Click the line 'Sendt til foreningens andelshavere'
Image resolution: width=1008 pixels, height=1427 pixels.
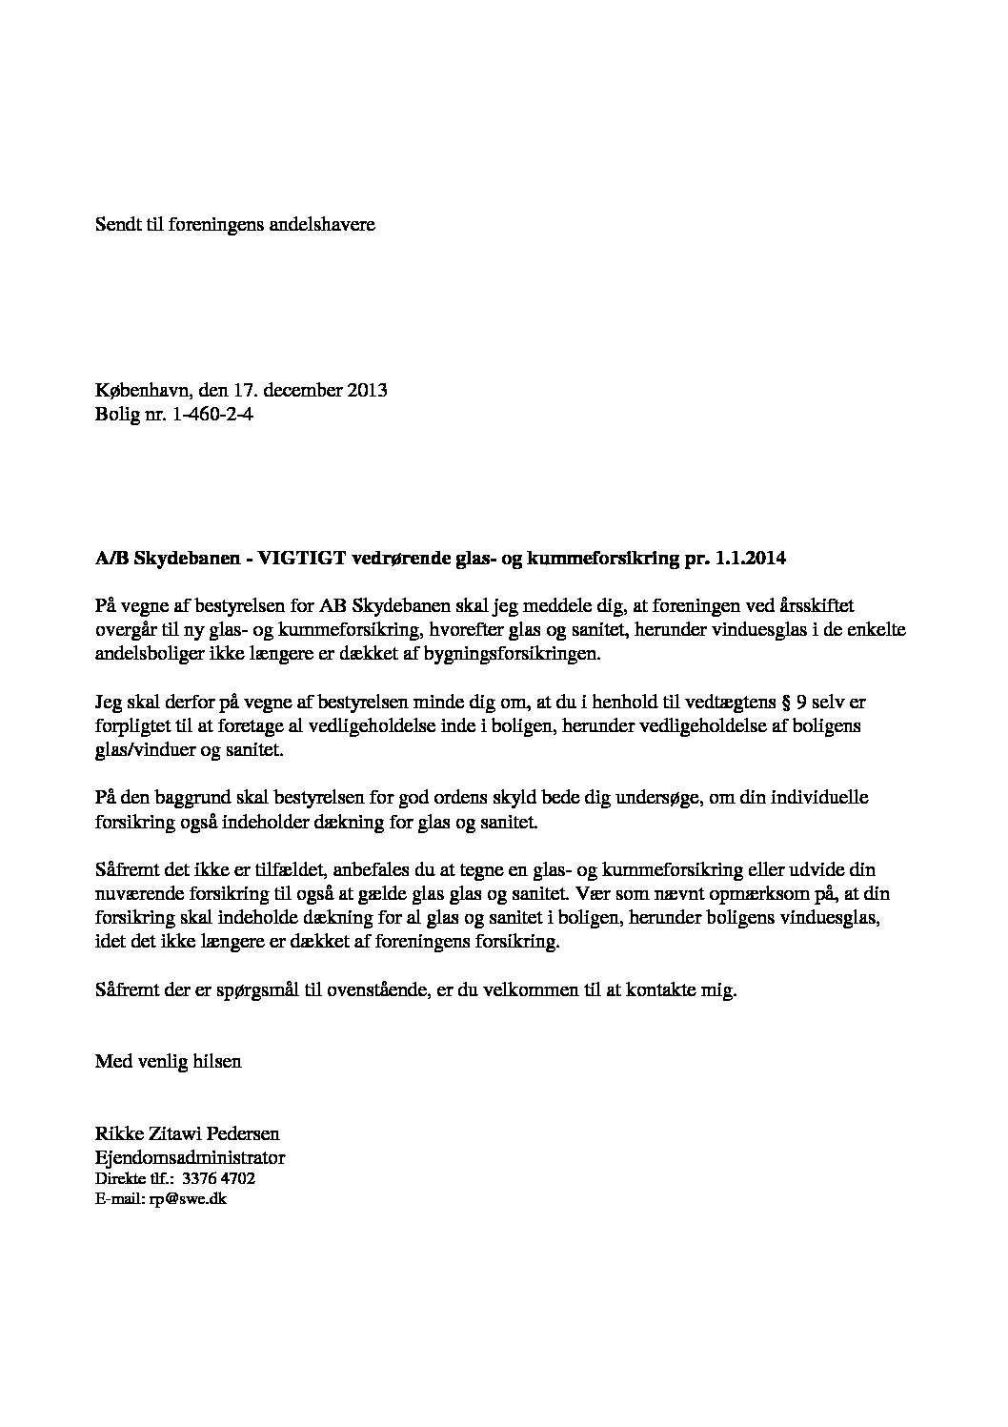235,225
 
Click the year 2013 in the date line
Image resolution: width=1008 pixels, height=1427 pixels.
368,391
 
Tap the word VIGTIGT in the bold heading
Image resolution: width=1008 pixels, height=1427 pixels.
288,559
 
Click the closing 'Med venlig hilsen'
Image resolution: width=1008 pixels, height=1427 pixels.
169,1061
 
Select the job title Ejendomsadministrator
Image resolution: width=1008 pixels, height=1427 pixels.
190,1157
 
